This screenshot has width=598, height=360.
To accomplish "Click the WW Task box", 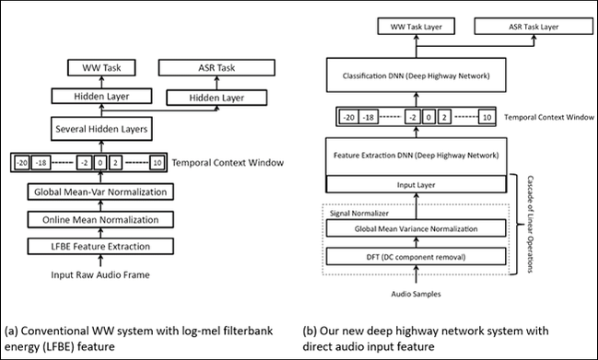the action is point(101,68).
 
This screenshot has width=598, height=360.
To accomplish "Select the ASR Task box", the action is point(217,68).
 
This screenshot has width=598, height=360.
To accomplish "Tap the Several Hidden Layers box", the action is point(101,129).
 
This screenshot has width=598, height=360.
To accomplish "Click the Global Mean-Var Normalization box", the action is point(100,192).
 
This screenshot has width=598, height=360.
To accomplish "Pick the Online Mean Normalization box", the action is point(100,219).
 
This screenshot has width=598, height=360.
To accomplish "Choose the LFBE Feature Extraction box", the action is point(100,246).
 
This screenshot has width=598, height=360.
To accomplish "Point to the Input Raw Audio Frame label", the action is point(100,274).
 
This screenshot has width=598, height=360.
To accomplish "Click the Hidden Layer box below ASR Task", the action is point(217,98).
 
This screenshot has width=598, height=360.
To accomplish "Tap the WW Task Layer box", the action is point(416,27).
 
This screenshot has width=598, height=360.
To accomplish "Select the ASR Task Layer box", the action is point(534,27).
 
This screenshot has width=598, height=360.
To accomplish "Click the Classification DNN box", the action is point(416,75).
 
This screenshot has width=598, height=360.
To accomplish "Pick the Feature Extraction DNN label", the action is point(416,156).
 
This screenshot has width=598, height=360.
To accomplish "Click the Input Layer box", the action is point(416,184).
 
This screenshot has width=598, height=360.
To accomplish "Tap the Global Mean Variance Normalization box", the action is point(416,228).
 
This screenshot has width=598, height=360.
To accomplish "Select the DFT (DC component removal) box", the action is point(416,257).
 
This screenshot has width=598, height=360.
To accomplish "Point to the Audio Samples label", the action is point(416,294).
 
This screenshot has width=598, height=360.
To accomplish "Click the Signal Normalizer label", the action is point(359,214).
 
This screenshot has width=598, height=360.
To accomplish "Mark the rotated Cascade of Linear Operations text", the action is point(530,224).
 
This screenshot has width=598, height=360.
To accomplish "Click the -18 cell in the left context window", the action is point(41,163).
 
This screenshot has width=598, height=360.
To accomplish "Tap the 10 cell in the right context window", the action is point(487,117).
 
